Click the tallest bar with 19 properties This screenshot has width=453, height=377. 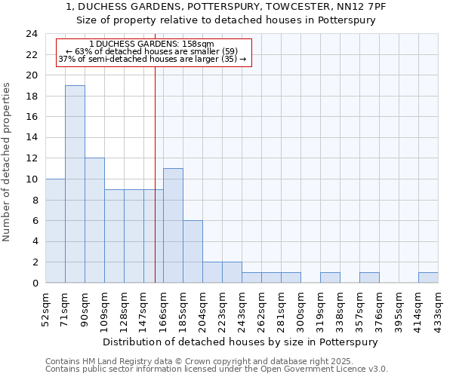pyautogui.click(x=75, y=184)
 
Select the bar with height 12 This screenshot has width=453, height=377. pyautogui.click(x=94, y=220)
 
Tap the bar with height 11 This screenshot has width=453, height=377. pyautogui.click(x=173, y=225)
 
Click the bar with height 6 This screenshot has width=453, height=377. pyautogui.click(x=193, y=251)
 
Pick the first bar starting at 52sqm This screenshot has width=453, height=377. pyautogui.click(x=55, y=231)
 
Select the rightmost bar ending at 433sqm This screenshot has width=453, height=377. pyautogui.click(x=428, y=277)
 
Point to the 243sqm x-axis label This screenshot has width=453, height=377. pyautogui.click(x=242, y=308)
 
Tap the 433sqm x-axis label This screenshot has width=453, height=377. pyautogui.click(x=438, y=308)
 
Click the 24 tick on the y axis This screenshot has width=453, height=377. pyautogui.click(x=31, y=34)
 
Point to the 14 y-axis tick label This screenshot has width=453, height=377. pyautogui.click(x=31, y=138)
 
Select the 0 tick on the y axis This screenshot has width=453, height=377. pyautogui.click(x=34, y=283)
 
